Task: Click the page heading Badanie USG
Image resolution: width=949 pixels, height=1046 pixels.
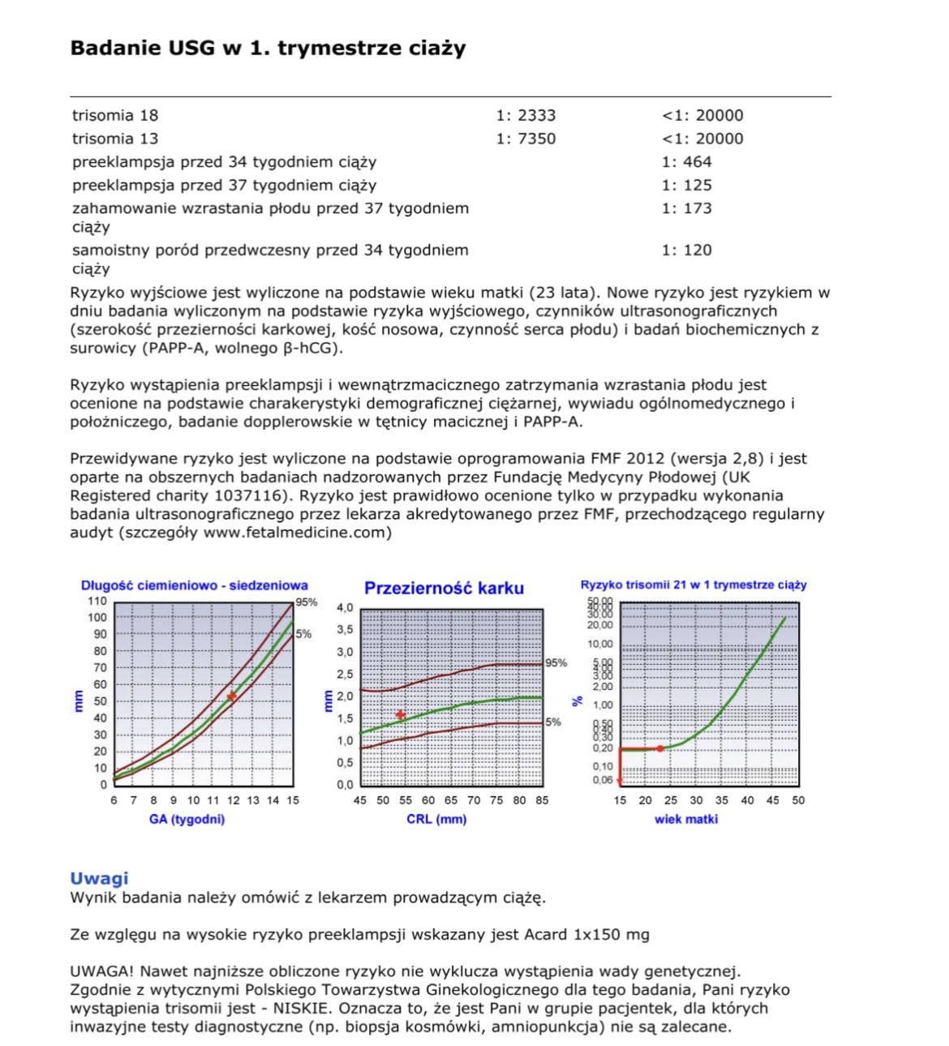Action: click(268, 48)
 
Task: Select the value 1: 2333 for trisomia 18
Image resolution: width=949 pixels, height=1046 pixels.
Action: click(526, 115)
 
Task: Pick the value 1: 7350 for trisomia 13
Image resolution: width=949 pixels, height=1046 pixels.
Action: click(526, 139)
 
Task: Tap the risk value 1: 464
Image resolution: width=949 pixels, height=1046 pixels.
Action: click(686, 161)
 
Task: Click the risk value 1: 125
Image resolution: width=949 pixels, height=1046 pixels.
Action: click(686, 185)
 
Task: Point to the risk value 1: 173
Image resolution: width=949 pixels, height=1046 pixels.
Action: click(686, 208)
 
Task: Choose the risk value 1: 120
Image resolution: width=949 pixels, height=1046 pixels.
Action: click(686, 250)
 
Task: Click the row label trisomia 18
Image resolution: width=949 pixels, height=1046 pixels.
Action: click(114, 115)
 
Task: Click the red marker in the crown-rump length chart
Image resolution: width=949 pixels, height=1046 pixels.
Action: click(232, 697)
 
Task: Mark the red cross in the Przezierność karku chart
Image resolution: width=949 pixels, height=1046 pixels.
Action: click(400, 715)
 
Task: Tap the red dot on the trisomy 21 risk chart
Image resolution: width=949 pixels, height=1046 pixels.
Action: click(659, 748)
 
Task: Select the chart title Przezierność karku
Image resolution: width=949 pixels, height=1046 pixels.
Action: click(444, 589)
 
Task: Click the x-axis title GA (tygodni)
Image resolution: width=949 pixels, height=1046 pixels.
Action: click(187, 819)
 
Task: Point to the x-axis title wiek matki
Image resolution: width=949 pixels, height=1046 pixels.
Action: click(686, 819)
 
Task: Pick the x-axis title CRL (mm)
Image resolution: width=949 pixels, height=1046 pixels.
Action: click(436, 819)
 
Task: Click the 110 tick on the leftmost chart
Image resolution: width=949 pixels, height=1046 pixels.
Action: click(97, 601)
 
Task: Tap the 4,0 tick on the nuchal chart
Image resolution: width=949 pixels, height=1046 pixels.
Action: click(345, 607)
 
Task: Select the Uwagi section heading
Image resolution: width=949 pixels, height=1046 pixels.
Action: click(99, 878)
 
